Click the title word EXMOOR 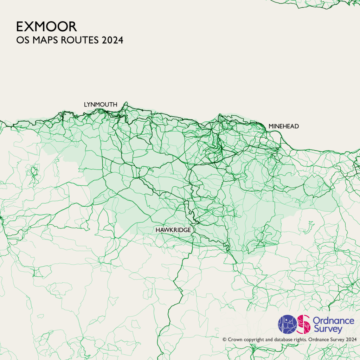(46, 27)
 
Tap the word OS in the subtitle (22, 40)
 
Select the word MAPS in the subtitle (45, 40)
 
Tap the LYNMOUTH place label (100, 104)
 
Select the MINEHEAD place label (283, 126)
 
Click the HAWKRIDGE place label (173, 230)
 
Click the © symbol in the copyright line (224, 340)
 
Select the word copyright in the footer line (255, 340)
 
